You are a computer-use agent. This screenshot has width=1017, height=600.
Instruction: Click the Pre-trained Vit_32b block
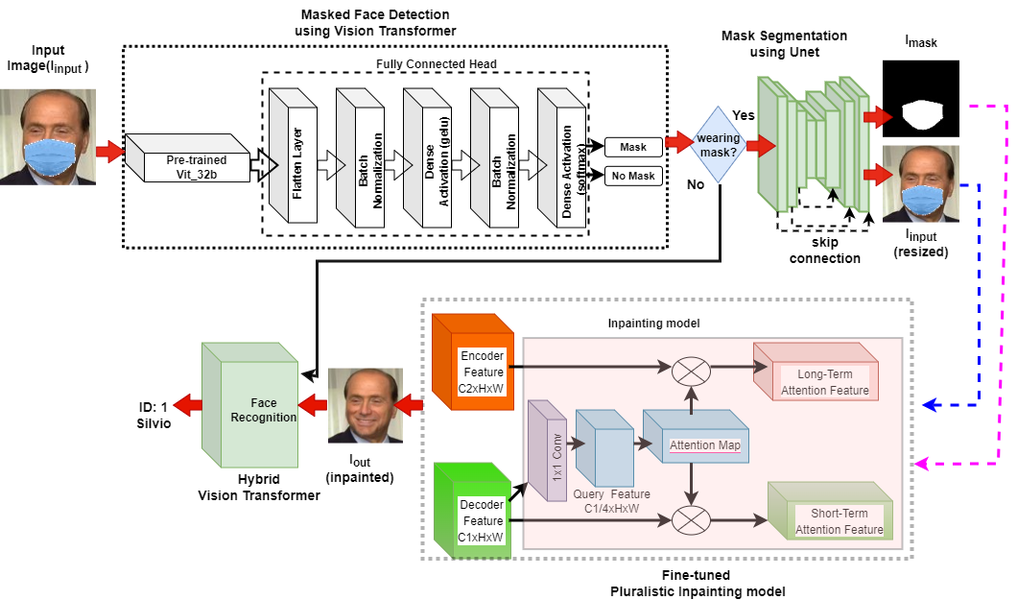click(188, 160)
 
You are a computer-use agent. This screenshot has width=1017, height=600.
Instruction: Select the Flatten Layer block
click(292, 157)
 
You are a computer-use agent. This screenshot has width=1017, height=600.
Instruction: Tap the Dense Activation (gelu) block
click(426, 157)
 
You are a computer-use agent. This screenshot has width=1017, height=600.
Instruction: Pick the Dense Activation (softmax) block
click(560, 157)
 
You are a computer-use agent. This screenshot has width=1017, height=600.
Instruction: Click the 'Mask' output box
click(633, 147)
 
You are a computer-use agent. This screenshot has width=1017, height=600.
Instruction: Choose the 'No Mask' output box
click(633, 176)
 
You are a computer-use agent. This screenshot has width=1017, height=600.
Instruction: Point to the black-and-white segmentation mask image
click(920, 98)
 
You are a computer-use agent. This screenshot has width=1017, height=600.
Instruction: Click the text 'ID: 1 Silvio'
click(148, 414)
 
